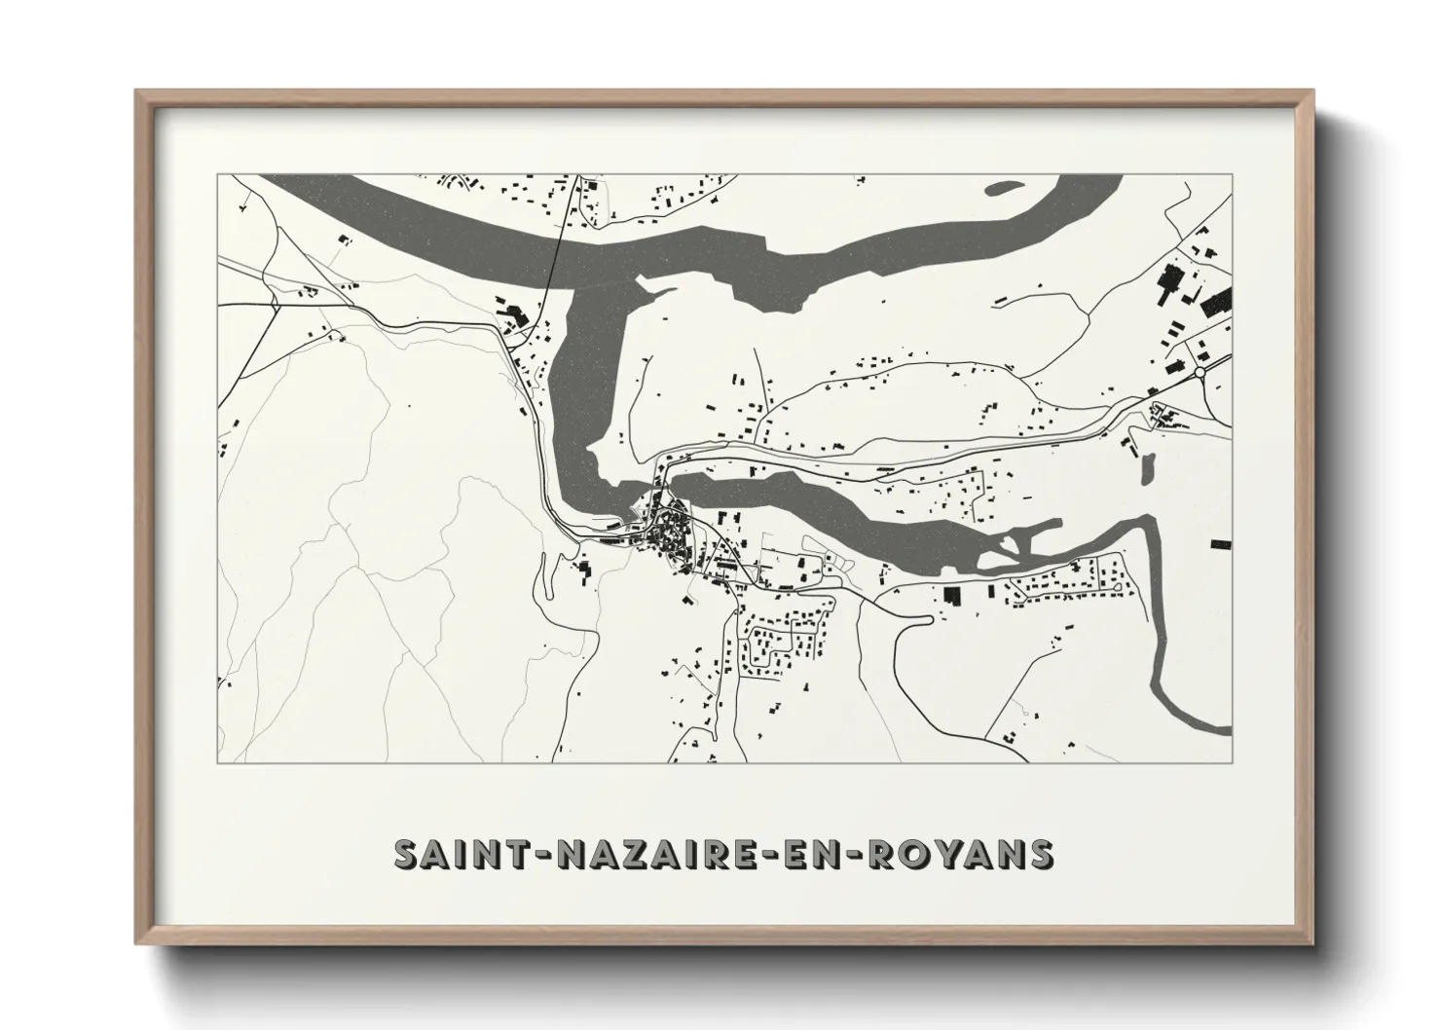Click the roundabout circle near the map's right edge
[x=1200, y=372]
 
